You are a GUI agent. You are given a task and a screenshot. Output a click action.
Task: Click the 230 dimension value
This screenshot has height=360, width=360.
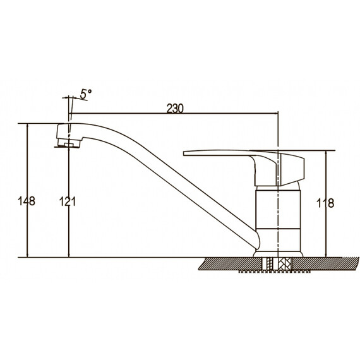click(175, 109)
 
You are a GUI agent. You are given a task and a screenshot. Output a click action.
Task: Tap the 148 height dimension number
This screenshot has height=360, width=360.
click(27, 201)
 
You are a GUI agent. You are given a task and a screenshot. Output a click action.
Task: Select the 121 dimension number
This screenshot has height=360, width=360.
click(68, 201)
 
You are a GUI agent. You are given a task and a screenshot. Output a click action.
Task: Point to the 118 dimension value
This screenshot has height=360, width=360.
click(325, 203)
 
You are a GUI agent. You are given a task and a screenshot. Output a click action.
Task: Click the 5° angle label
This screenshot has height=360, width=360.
click(86, 94)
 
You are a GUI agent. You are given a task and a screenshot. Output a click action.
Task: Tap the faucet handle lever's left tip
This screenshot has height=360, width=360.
click(184, 153)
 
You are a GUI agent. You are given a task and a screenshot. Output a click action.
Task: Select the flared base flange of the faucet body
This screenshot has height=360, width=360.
click(278, 253)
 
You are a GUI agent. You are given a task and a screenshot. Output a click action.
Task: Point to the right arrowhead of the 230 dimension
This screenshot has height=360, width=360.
click(276, 113)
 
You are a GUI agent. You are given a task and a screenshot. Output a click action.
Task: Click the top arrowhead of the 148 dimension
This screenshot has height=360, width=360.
click(28, 126)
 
